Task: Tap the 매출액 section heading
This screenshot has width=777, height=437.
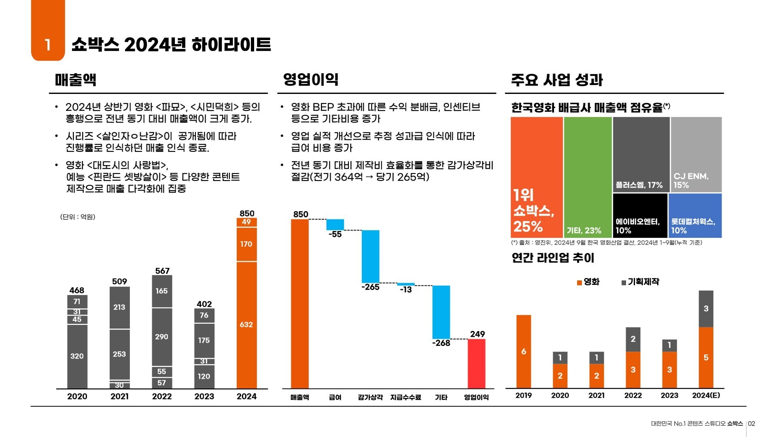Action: click(76, 80)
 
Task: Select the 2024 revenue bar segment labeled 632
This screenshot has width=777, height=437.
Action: click(246, 325)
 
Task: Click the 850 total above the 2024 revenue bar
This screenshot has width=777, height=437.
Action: click(247, 213)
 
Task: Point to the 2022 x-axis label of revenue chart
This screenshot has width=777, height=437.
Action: click(162, 397)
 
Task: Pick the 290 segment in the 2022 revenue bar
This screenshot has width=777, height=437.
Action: click(162, 337)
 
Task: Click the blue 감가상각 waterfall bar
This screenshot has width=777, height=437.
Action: click(370, 256)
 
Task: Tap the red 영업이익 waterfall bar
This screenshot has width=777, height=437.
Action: click(476, 363)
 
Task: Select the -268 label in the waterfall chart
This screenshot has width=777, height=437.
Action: click(441, 343)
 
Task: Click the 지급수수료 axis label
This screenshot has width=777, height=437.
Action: click(405, 398)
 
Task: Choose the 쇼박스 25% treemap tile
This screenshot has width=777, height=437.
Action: click(537, 177)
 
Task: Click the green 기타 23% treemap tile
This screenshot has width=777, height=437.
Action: click(588, 177)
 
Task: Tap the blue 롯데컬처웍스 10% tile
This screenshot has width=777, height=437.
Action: click(695, 215)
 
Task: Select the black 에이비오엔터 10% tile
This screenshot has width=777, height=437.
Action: click(640, 215)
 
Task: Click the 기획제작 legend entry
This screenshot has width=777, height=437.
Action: click(640, 282)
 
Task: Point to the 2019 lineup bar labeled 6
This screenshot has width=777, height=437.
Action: click(524, 351)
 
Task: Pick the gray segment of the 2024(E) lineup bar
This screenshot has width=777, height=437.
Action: click(706, 309)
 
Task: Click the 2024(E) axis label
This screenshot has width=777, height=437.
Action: click(706, 396)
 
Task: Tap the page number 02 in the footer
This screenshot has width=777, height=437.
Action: click(752, 424)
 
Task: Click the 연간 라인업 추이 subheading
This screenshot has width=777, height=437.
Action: click(553, 258)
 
